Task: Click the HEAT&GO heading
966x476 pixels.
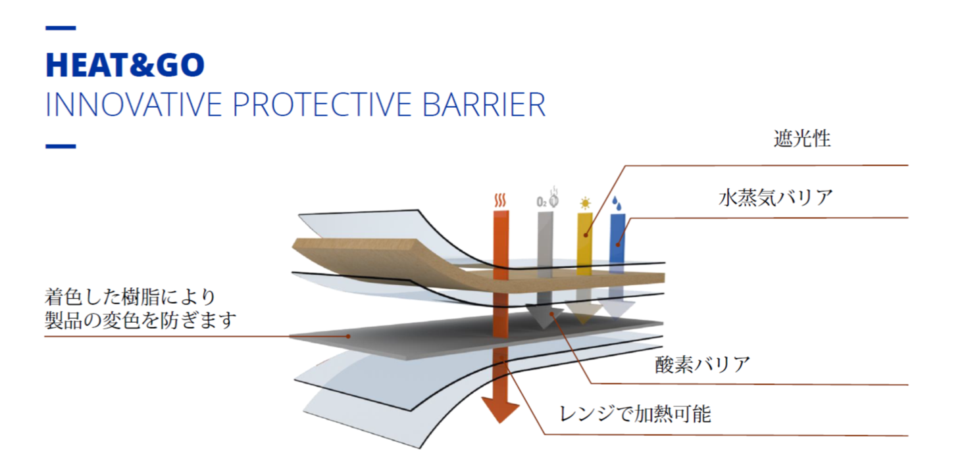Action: tap(125, 65)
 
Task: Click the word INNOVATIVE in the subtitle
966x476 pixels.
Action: tap(134, 105)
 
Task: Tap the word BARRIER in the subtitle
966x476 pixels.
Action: tap(484, 105)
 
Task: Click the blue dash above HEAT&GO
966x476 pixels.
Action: tap(61, 28)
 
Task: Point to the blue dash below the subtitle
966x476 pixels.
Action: tap(61, 147)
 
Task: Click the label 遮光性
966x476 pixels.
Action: tap(802, 139)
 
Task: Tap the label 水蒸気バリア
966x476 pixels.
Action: tap(775, 198)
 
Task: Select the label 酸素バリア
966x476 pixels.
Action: tap(703, 364)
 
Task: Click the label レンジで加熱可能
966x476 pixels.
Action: tap(635, 414)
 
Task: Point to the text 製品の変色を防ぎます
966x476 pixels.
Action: tap(141, 320)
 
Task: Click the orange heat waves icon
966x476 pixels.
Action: tap(500, 201)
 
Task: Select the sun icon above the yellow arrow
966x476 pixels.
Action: tap(585, 203)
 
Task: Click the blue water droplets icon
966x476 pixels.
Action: tap(617, 204)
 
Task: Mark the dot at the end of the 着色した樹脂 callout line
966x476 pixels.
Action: tap(348, 337)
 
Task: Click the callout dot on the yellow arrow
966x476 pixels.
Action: tap(586, 235)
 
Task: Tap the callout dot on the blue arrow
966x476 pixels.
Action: tap(617, 245)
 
